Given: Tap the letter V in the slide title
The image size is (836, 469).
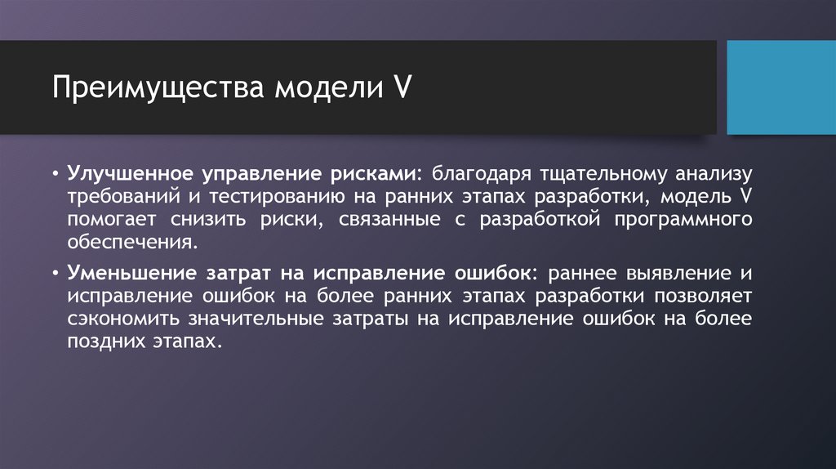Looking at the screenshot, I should (402, 87).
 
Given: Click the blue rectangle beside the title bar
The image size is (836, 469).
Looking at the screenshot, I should (781, 87).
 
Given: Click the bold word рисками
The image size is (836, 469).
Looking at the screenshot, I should (377, 174).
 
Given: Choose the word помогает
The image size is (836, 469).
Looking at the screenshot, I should (113, 220).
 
